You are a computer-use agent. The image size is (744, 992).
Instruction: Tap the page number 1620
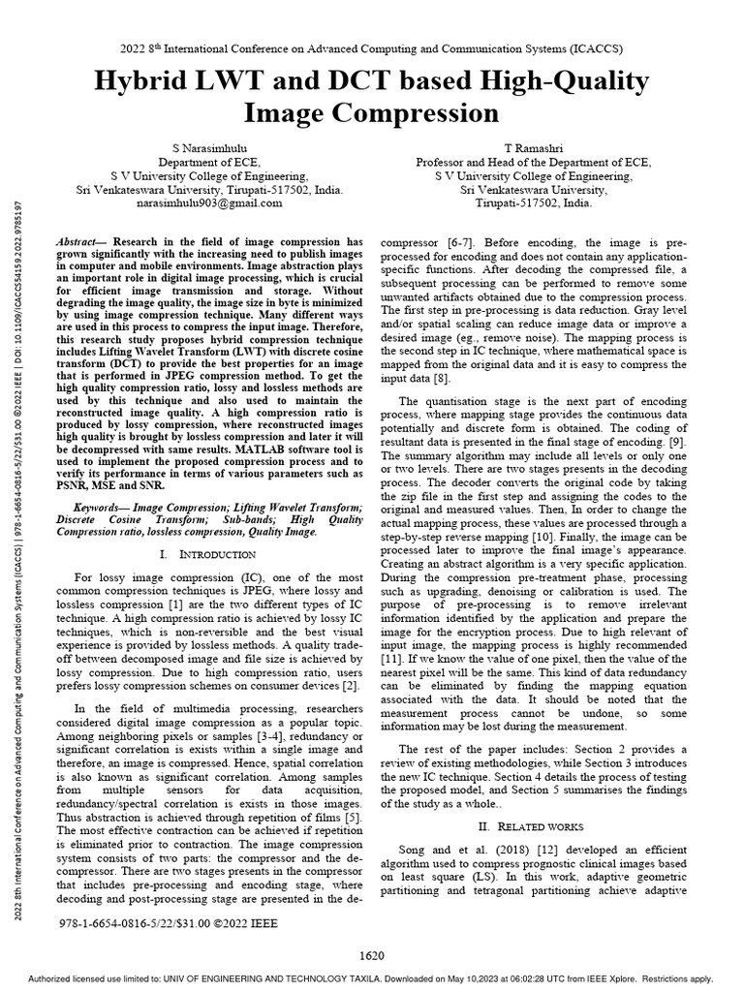[x=372, y=955]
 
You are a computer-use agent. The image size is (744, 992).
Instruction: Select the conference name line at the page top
[x=372, y=47]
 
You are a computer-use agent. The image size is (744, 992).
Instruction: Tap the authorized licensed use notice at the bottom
[x=372, y=979]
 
